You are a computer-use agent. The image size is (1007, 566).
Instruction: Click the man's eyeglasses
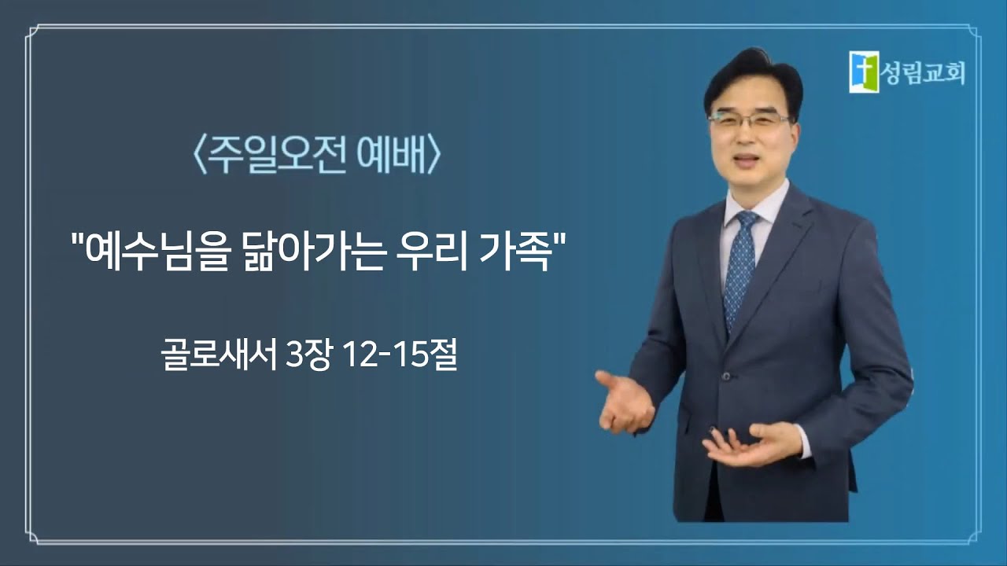pyautogui.click(x=748, y=120)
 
